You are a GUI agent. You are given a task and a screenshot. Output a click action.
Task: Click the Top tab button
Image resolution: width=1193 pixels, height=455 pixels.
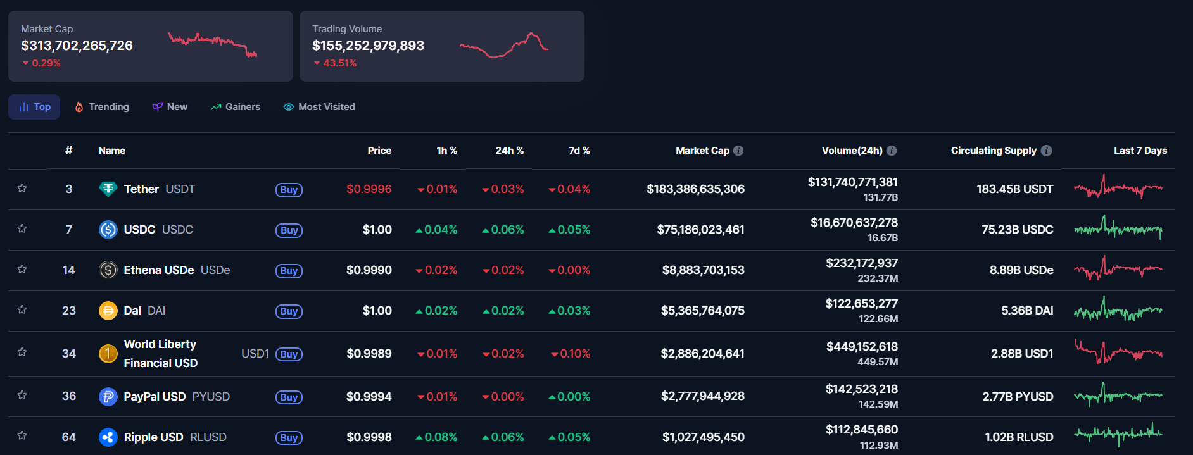coord(35,107)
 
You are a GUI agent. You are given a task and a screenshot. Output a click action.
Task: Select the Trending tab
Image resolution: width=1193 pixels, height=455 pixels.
coord(102,107)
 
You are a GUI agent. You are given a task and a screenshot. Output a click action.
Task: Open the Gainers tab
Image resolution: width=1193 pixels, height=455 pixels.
coord(236,107)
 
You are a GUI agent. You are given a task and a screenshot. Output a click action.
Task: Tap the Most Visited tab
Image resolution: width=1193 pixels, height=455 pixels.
coord(319,107)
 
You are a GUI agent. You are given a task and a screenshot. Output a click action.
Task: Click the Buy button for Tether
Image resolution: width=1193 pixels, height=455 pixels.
coord(289,190)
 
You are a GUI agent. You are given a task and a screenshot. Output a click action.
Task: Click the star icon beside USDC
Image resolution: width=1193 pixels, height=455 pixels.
coord(22,228)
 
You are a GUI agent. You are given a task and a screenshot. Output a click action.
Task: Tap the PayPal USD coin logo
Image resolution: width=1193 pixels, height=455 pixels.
coord(108,397)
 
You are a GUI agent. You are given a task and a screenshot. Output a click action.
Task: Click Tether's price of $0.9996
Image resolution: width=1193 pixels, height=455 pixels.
coord(369,189)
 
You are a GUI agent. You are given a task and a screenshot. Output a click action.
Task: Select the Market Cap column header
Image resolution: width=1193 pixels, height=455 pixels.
coord(702,151)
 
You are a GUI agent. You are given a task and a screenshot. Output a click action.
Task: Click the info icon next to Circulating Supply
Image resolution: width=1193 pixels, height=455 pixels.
coord(1047,151)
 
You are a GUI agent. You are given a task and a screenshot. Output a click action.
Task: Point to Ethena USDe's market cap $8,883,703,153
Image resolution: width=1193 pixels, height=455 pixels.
coord(703,270)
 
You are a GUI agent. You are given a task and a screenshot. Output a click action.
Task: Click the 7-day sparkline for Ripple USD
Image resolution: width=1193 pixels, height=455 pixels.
coord(1118,434)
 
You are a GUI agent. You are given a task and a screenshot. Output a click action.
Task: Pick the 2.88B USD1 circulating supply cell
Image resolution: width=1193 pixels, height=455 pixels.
coord(1021,354)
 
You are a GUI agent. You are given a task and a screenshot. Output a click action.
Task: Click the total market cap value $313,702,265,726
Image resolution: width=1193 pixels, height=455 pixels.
coord(77,46)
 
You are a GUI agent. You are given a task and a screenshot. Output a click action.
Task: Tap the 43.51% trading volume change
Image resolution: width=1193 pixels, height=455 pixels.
coord(339,63)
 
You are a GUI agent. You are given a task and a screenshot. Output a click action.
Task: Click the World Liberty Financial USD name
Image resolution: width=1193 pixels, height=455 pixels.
coord(160,353)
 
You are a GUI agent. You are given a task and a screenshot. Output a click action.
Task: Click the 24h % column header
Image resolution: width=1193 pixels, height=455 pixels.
coord(509,151)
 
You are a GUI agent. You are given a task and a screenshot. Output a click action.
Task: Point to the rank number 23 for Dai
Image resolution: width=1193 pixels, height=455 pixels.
coord(69,311)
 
